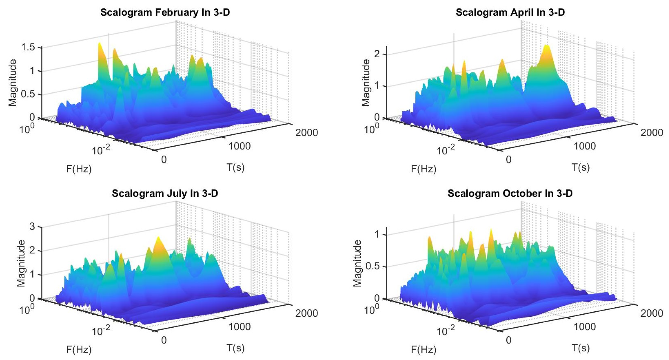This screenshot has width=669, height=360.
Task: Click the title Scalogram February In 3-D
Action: [165, 12]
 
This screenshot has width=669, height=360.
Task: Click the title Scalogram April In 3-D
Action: [510, 12]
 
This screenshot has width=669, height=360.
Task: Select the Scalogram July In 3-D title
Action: [165, 193]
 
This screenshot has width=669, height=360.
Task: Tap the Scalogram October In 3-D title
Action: [510, 193]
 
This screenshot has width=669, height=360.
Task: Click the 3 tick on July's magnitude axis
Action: [32, 226]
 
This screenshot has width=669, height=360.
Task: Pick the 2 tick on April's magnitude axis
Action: [377, 54]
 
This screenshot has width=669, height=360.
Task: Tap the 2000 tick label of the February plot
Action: [307, 133]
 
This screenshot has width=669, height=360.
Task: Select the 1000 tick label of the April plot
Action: [585, 146]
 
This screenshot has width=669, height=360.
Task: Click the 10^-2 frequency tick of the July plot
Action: [101, 330]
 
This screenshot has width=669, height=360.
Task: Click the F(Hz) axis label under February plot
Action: [79, 169]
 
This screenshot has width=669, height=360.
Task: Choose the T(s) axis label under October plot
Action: [581, 348]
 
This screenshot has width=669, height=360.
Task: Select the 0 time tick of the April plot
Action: [508, 159]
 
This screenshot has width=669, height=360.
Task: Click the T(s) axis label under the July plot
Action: [236, 348]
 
